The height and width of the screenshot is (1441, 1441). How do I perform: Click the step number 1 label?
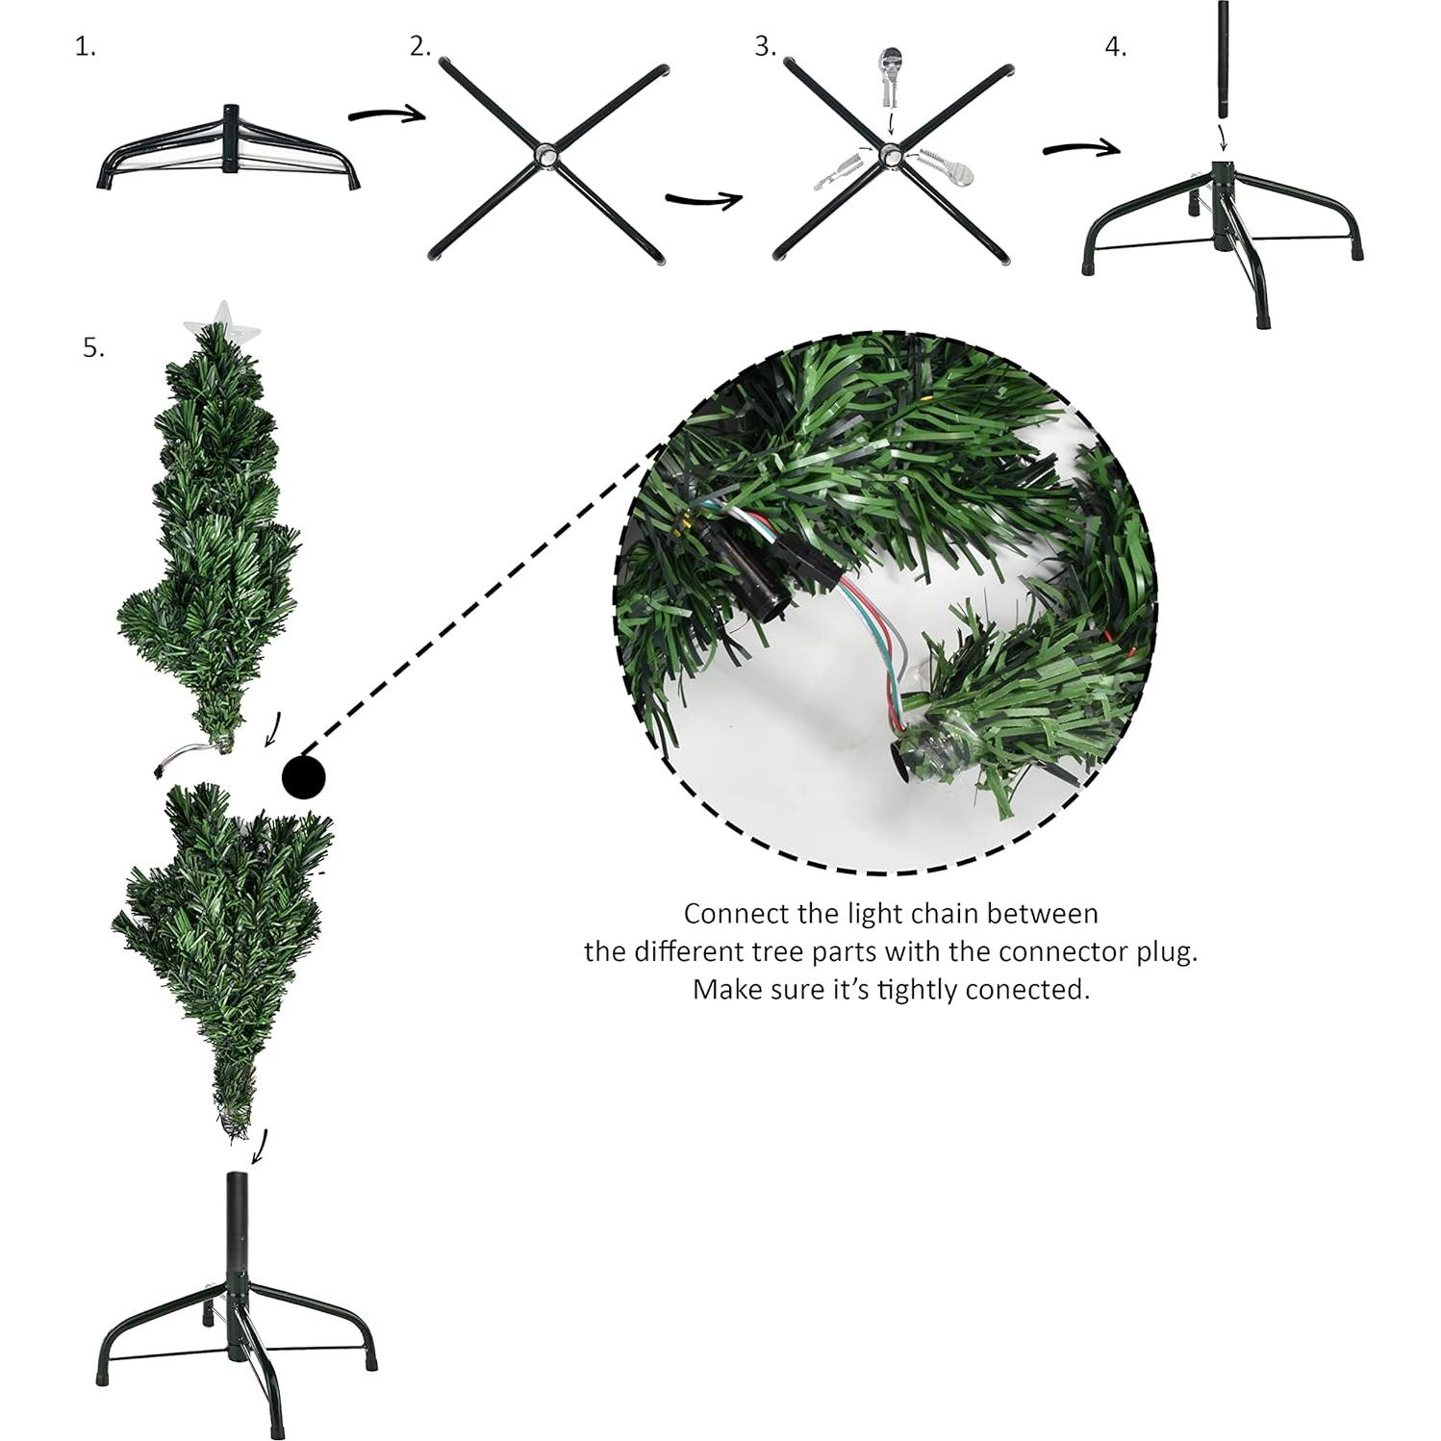(86, 47)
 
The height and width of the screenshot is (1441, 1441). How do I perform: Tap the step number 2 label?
(419, 47)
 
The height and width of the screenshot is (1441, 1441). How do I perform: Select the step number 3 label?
(765, 47)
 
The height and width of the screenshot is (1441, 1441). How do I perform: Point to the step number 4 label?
(1115, 47)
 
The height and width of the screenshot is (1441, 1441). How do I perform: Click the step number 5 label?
(93, 347)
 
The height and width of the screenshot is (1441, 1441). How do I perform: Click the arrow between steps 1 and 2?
(387, 114)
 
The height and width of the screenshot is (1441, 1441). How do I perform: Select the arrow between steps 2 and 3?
(703, 199)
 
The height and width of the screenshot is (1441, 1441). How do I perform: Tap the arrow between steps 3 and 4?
(1081, 148)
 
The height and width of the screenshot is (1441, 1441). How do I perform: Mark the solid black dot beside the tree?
(304, 776)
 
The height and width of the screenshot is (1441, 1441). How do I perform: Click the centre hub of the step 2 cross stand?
(546, 155)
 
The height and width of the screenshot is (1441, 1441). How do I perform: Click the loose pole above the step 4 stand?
(1224, 60)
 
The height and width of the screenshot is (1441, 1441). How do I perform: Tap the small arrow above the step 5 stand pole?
(260, 1146)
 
